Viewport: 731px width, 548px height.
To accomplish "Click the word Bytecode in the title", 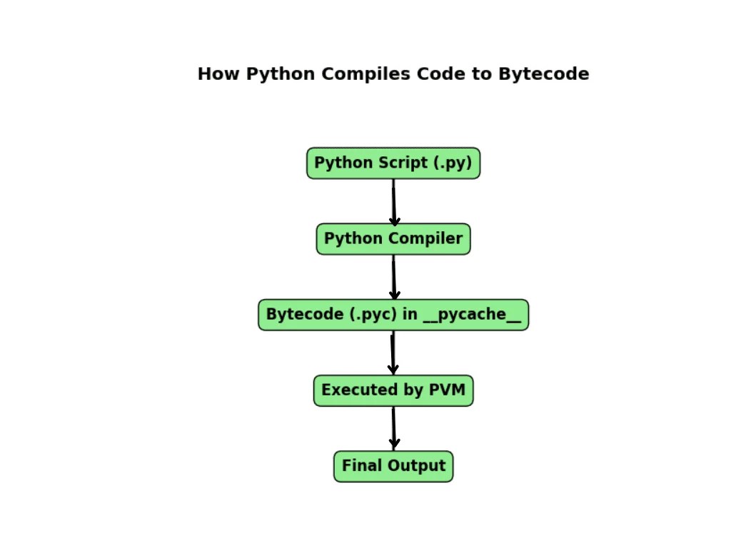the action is [543, 74].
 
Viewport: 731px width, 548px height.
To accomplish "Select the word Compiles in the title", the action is [366, 74].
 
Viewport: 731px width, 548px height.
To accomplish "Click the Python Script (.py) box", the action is [393, 163].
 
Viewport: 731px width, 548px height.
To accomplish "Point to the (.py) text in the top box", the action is [453, 163].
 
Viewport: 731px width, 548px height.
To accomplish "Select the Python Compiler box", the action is [393, 239].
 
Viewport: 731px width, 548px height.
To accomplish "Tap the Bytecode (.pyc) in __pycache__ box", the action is [393, 315].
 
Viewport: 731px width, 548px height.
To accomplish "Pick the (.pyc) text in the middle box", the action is [373, 315].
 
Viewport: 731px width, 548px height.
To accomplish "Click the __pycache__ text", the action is [472, 315].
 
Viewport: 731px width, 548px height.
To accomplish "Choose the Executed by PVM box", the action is [393, 390].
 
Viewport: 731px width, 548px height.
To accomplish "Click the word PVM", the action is [447, 390].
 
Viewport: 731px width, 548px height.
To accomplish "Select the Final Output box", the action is [393, 467].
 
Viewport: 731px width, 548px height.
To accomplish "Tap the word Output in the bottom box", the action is [417, 466].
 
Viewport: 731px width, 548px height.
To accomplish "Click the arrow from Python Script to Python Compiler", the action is [394, 202].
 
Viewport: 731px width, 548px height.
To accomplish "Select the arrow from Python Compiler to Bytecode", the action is [394, 278].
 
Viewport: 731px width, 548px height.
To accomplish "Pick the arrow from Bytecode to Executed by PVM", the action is [393, 352].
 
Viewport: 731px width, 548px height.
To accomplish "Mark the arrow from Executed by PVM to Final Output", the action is [394, 428].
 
